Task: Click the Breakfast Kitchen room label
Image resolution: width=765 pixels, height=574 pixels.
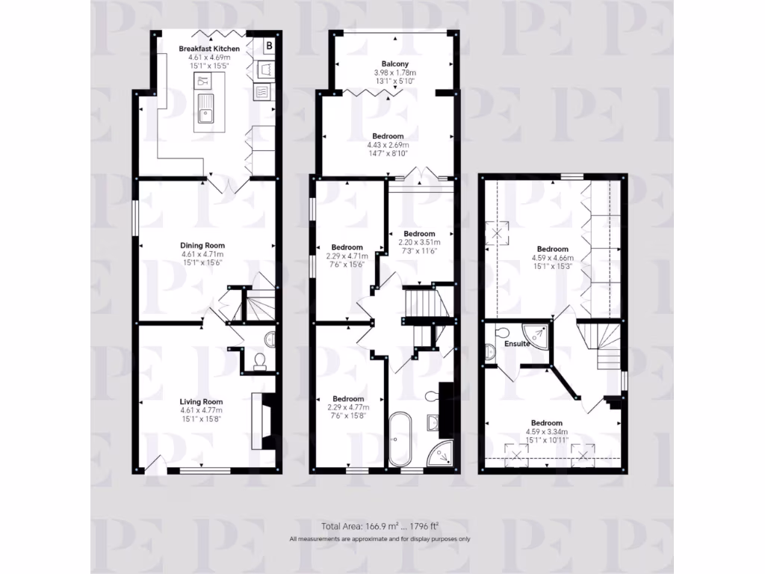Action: coord(209,49)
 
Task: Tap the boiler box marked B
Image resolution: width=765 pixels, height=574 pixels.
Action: coord(269,46)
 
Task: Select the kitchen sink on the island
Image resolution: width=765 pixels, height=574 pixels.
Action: coord(205,114)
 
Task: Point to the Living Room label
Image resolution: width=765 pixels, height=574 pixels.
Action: coord(202,401)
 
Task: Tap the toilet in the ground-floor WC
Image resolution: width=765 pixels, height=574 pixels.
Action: coord(259,363)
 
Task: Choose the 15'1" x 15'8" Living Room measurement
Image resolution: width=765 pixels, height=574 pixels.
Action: coord(202,419)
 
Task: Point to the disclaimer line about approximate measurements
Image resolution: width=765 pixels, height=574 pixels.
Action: coord(380,539)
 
